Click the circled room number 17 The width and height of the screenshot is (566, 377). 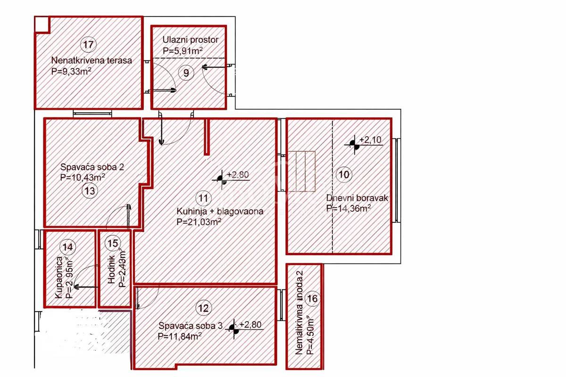tap(88, 45)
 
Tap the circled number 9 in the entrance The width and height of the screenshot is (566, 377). tap(186, 73)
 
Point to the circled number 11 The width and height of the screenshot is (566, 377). tap(203, 198)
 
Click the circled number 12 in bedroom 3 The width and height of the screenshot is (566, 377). tap(203, 309)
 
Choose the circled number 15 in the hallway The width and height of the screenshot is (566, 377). tap(112, 243)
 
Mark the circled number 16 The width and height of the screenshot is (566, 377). tap(312, 298)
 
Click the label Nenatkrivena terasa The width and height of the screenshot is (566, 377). tap(91, 60)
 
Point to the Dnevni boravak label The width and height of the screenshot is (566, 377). tap(357, 198)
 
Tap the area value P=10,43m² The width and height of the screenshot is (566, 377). tap(83, 178)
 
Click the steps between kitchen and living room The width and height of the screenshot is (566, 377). tap(301, 171)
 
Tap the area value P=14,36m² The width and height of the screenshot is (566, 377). tap(348, 208)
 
